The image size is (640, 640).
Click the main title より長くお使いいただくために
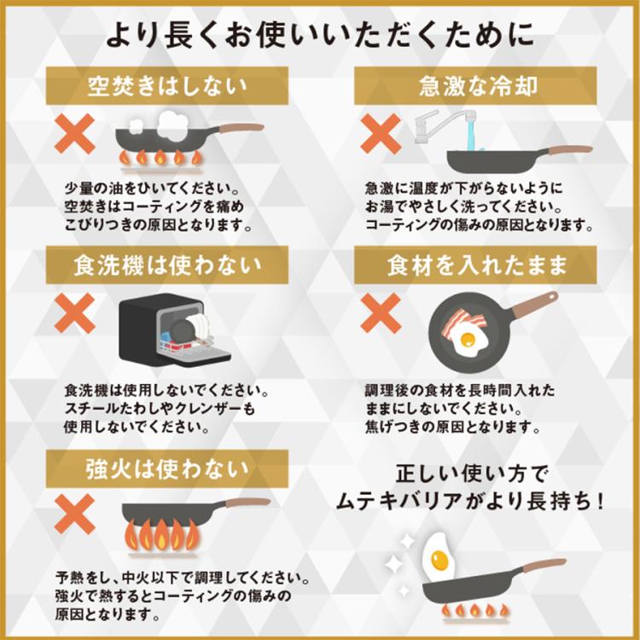pyautogui.click(x=320, y=34)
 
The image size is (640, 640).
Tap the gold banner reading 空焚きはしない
pyautogui.click(x=166, y=85)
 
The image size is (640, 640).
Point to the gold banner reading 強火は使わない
pyautogui.click(x=166, y=468)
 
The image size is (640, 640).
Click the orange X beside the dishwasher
pyautogui.click(x=75, y=314)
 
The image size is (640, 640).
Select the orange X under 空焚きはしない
pyautogui.click(x=75, y=134)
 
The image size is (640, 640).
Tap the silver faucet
pyautogui.click(x=435, y=127)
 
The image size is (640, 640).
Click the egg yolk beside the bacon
pyautogui.click(x=467, y=340)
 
